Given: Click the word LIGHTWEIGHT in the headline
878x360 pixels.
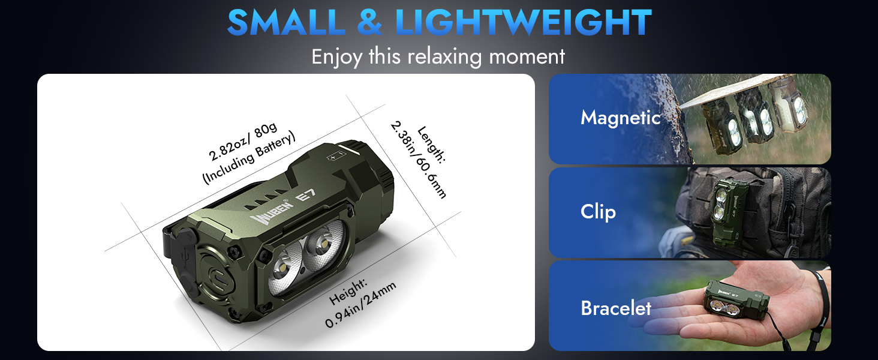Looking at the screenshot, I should [x=524, y=22].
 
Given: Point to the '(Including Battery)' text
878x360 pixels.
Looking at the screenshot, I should [x=249, y=158].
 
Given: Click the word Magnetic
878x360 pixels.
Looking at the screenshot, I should [x=620, y=118].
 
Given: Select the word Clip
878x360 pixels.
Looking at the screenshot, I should [x=598, y=212].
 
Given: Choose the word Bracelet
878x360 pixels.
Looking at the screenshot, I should [x=615, y=308].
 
